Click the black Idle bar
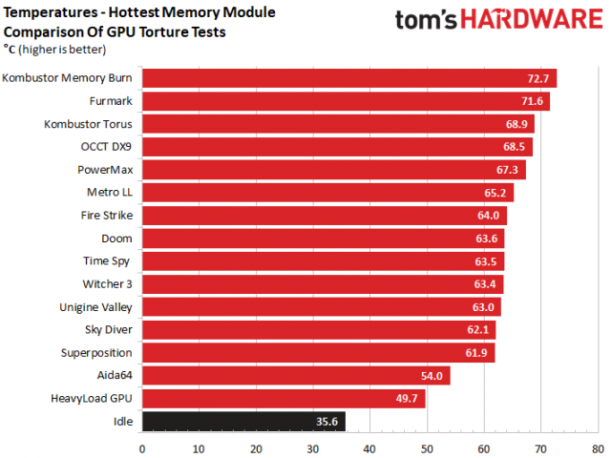pos(243,421)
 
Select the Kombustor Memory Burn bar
pos(348,78)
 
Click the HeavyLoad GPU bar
pos(284,398)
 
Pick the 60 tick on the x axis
pos(484,447)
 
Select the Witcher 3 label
pos(109,283)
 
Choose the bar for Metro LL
pos(327,193)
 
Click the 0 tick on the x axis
pos(142,447)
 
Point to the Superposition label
pos(97,352)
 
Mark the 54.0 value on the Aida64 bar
pos(432,376)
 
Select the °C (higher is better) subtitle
pos(54,50)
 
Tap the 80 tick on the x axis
pos(598,447)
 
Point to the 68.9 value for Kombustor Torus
pos(516,124)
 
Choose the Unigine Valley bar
pos(321,306)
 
